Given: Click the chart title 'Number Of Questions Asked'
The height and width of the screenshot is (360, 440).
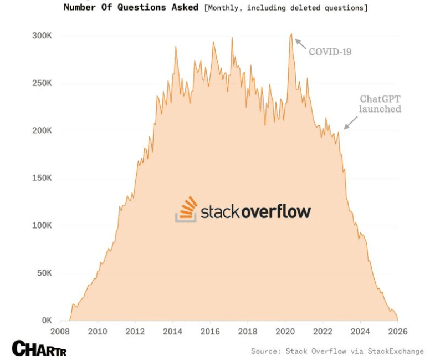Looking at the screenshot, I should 131,8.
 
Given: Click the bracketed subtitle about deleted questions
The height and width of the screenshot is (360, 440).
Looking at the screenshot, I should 285,8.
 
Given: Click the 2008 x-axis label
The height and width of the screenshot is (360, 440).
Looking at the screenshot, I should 60,332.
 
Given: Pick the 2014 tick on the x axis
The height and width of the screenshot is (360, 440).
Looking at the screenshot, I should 173,332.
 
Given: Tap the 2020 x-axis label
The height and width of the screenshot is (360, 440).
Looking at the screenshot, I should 285,332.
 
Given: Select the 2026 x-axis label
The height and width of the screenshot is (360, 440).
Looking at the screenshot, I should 397,332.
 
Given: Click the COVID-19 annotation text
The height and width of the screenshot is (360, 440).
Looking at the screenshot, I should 330,52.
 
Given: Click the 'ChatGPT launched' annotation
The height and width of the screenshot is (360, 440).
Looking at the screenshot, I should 380,104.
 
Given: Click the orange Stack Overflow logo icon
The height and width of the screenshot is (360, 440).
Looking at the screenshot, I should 186,209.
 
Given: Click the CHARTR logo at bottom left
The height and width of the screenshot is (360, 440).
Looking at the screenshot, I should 39,348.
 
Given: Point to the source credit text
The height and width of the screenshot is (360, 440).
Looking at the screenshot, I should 337,351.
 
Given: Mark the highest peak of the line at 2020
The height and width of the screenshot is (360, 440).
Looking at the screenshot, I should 291,34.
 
